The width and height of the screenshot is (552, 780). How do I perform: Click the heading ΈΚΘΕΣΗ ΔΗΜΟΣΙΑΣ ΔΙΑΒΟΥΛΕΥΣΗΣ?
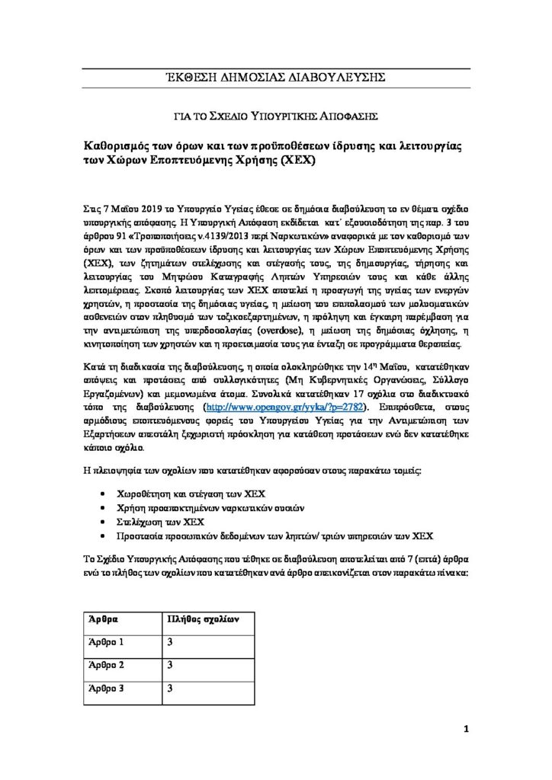(275, 76)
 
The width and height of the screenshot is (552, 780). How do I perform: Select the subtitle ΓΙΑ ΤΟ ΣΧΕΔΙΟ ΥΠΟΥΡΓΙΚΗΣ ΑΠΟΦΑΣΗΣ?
(275, 115)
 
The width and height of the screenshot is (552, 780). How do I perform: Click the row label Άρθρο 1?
(107, 643)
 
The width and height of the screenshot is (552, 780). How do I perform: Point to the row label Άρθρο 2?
(107, 666)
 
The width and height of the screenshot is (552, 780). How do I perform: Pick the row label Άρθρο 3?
(107, 689)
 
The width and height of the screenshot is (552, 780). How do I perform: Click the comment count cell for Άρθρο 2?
(171, 666)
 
